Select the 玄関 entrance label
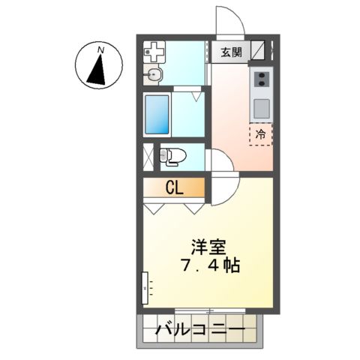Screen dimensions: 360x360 pyautogui.click(x=231, y=52)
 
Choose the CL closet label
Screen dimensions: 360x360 pyautogui.click(x=174, y=187)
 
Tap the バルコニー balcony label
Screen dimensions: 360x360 pyautogui.click(x=199, y=330)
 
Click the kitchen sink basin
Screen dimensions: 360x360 pyautogui.click(x=261, y=107)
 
